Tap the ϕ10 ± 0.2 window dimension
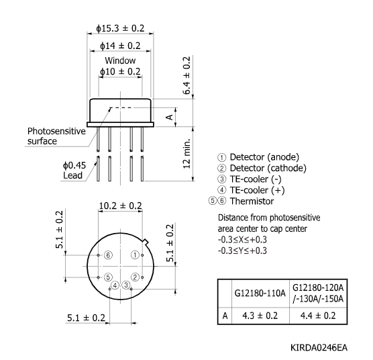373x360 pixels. tap(120, 71)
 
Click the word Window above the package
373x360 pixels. tap(119, 60)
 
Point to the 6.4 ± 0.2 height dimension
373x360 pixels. tap(187, 77)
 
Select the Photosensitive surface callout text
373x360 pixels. tap(56, 136)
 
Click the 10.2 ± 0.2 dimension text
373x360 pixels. tap(120, 206)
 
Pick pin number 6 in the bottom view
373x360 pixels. tap(107, 255)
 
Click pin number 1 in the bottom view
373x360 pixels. tap(135, 255)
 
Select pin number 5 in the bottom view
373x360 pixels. tap(107, 277)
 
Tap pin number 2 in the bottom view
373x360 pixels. tap(135, 277)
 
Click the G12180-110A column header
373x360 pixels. tap(260, 293)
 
